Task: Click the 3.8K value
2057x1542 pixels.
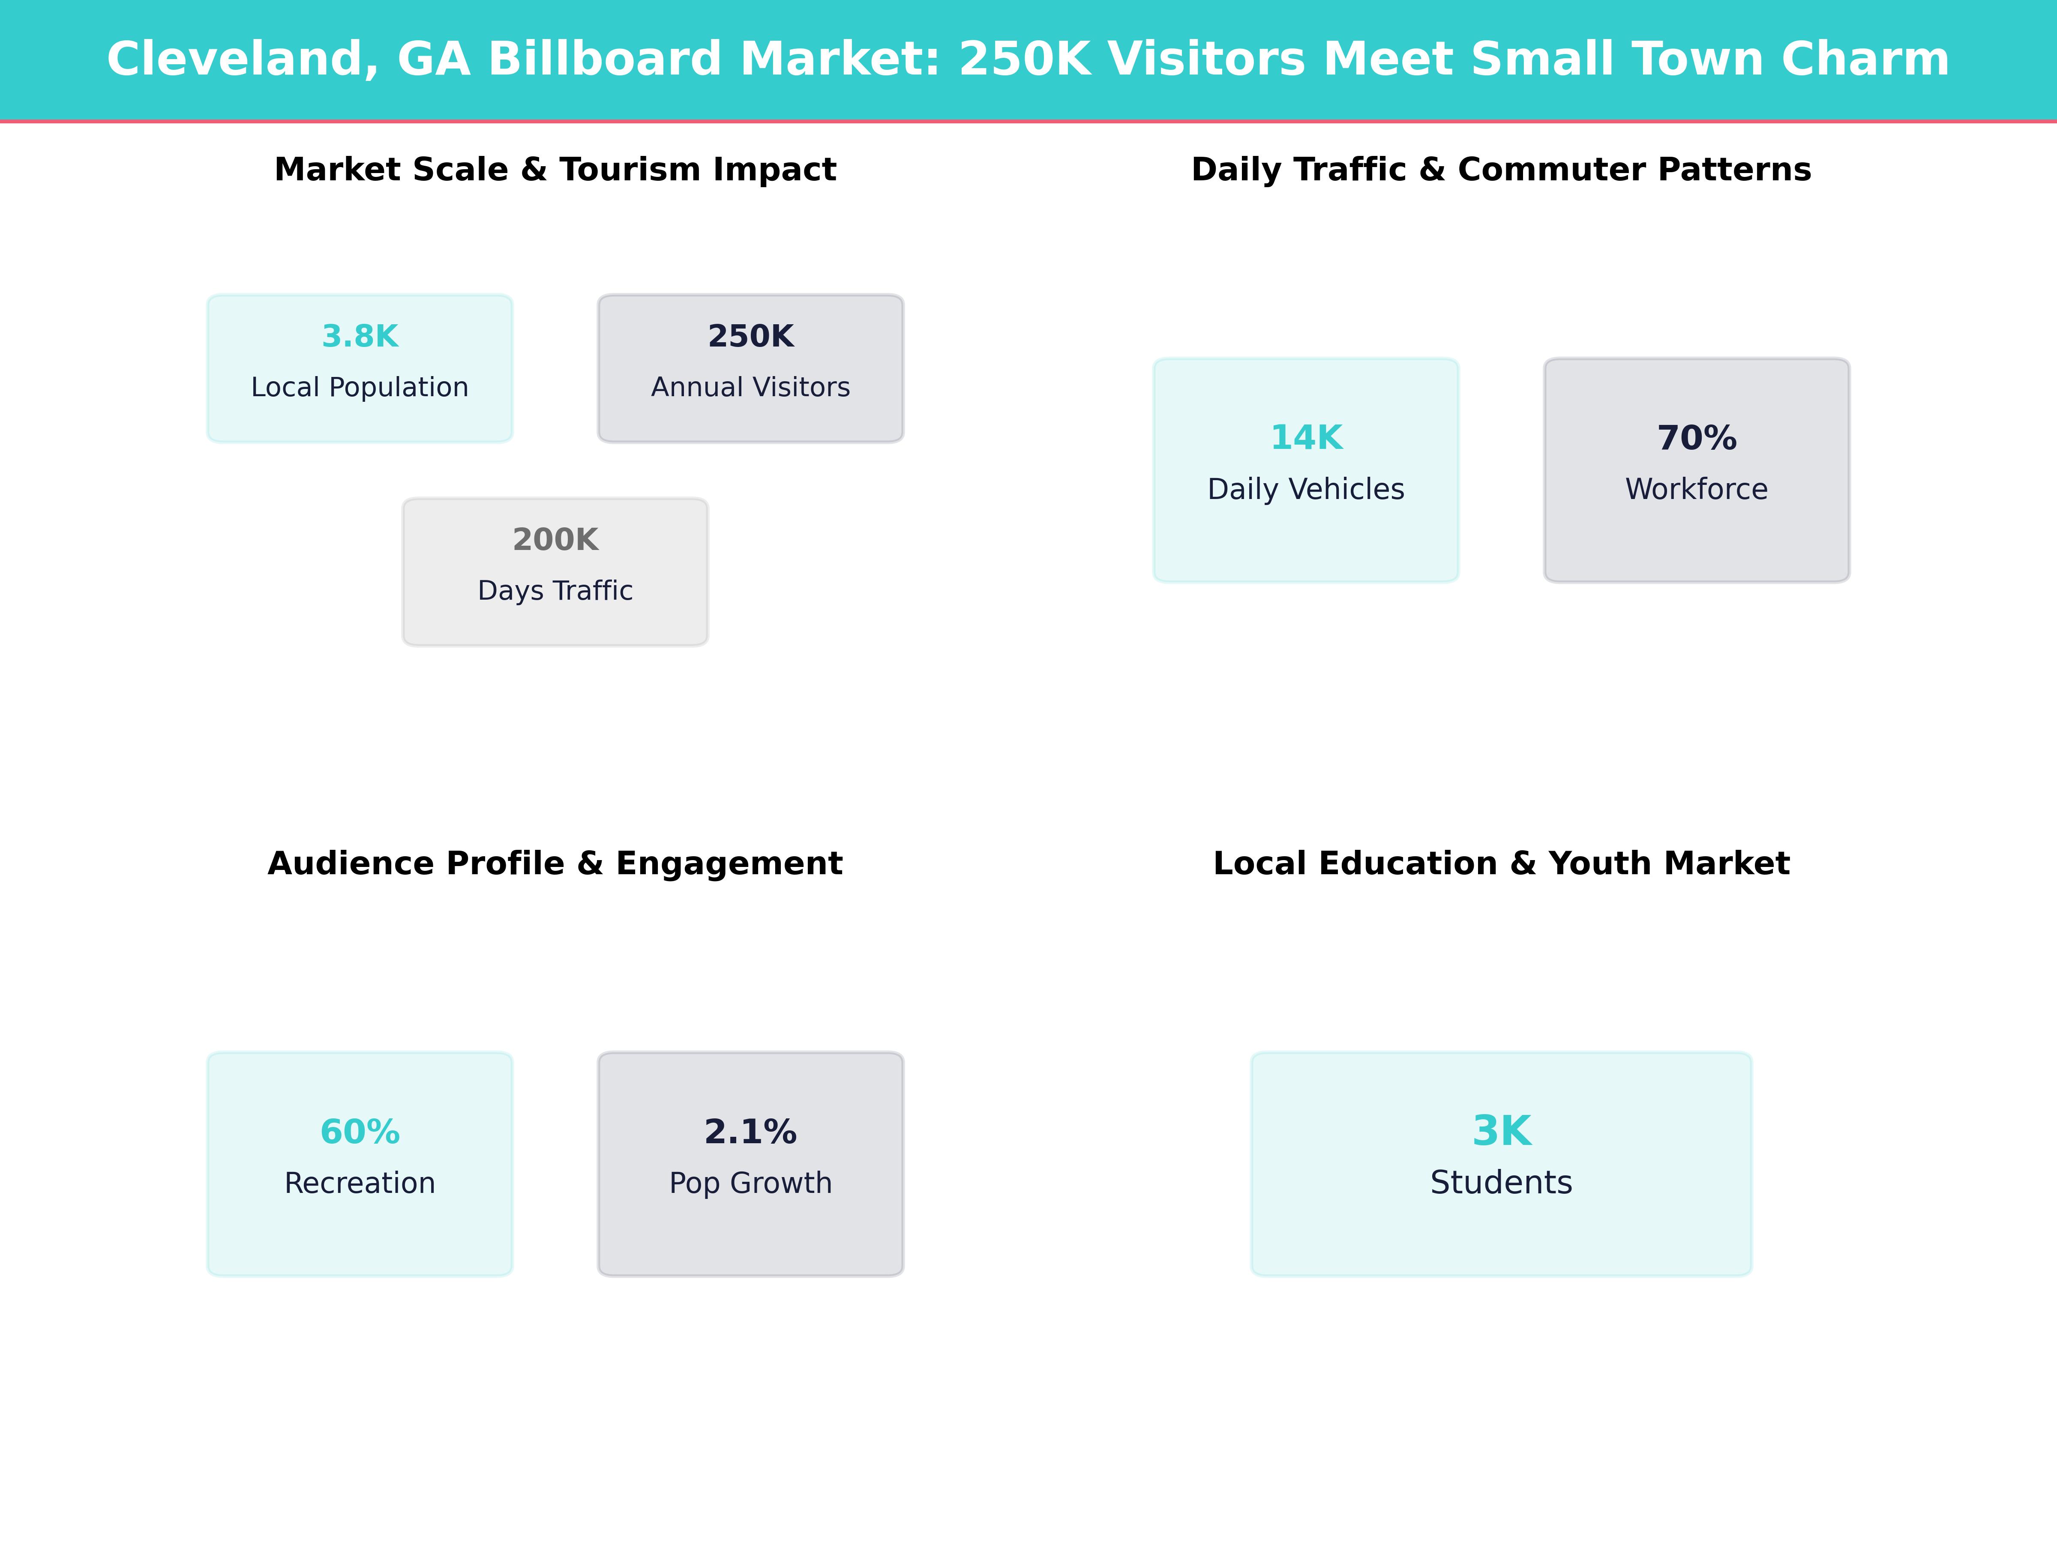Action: pos(360,337)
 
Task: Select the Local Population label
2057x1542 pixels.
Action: pos(360,388)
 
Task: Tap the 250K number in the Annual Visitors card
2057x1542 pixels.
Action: pos(750,337)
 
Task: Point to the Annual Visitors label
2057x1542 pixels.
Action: pos(750,388)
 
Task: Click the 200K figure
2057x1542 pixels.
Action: pos(555,540)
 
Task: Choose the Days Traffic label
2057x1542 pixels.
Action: pos(555,591)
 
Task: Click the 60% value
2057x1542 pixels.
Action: pos(360,1132)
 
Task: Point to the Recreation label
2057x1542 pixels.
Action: pos(360,1183)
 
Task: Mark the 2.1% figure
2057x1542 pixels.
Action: pos(750,1132)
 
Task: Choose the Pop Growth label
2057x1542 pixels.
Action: pos(750,1183)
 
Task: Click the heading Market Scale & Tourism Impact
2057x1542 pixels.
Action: pos(555,170)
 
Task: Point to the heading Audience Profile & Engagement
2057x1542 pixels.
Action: pos(555,864)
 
